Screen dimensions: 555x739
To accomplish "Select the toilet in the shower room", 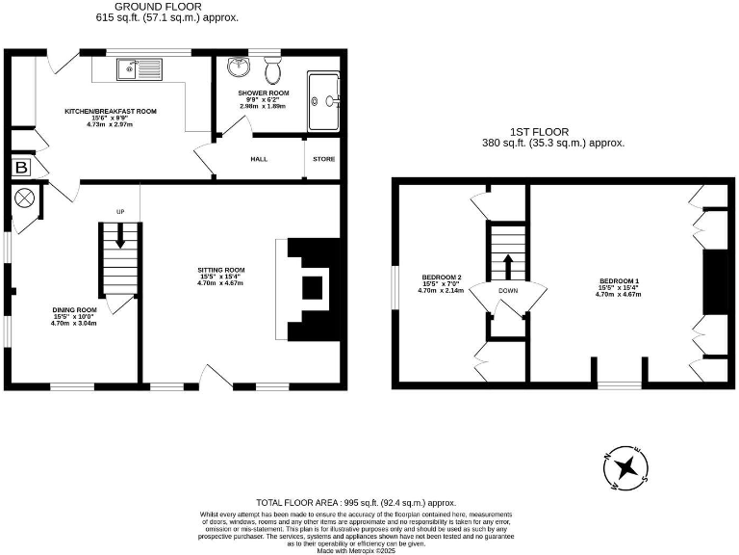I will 272,70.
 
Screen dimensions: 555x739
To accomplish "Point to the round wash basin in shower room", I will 239,68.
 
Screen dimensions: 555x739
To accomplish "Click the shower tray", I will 323,99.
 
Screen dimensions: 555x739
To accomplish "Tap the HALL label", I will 259,159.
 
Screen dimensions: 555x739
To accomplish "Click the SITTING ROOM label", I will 221,270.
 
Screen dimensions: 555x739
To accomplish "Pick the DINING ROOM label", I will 74,310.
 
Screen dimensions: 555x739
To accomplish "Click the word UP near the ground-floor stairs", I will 121,212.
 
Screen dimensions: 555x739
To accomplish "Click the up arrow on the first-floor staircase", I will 507,265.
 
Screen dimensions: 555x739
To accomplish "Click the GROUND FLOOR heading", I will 167,7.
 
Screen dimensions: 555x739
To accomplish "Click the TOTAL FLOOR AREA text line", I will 355,503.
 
